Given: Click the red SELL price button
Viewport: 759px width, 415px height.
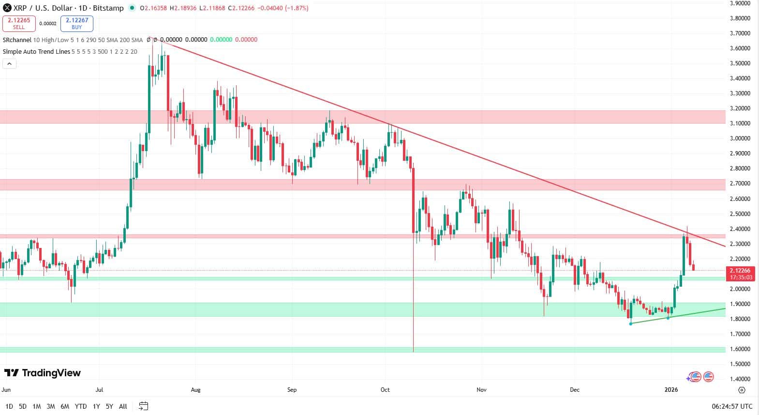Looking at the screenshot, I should (x=19, y=23).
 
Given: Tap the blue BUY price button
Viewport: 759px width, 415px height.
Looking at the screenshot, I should (x=77, y=23).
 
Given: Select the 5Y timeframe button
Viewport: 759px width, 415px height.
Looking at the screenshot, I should (x=109, y=406).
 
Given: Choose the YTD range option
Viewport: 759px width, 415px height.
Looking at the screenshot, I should (x=81, y=406).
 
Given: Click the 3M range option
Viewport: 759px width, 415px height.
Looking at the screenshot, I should (x=51, y=406).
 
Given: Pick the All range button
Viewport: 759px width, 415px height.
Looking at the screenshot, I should (x=123, y=406).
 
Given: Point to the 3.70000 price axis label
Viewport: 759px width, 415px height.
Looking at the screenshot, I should (x=740, y=33).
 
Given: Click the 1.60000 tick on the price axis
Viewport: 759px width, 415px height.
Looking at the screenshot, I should (x=740, y=349).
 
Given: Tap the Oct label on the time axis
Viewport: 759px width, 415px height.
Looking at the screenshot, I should (x=385, y=390).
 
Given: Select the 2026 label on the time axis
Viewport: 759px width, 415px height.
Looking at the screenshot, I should (x=671, y=390).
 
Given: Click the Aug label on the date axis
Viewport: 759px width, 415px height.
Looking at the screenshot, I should (x=195, y=390).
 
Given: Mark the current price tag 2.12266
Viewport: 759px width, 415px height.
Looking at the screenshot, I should (x=740, y=271).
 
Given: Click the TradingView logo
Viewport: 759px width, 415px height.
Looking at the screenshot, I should (x=43, y=373).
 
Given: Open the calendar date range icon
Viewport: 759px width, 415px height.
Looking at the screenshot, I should (x=143, y=406).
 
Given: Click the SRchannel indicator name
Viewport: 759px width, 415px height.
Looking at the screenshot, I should (x=17, y=40).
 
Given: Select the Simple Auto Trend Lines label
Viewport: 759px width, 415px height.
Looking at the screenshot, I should (x=36, y=51).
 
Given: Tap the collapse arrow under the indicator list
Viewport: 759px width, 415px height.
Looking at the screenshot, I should (x=10, y=63).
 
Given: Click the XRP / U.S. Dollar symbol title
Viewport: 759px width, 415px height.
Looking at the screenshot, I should (x=41, y=8).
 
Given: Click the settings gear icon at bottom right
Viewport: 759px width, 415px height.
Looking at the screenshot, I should (x=742, y=390).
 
